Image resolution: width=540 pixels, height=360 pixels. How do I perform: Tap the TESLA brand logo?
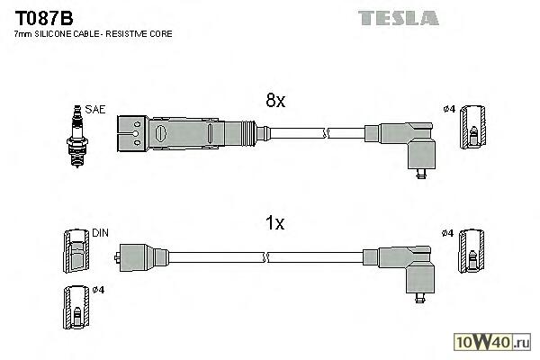coord(398,17)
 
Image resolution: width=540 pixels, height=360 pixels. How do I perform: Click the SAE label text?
coord(94,110)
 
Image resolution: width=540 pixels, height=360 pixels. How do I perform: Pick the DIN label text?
coord(100,232)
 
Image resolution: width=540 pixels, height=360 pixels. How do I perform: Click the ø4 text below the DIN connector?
coord(99,290)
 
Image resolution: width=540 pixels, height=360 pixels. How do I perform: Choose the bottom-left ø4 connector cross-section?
coord(76,310)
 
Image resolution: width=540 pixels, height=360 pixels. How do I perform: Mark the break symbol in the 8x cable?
coord(329,133)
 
